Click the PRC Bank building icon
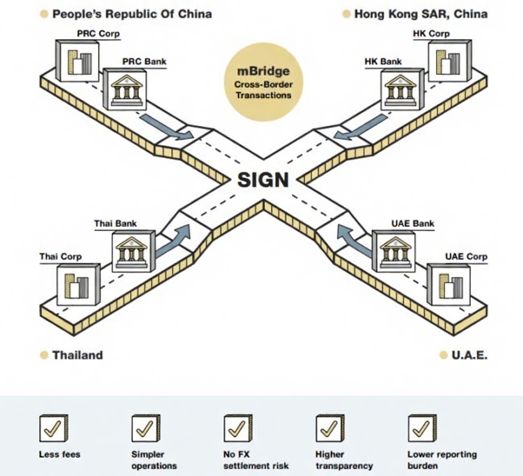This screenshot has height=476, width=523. (x=124, y=89)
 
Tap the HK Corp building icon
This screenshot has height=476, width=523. (x=450, y=61)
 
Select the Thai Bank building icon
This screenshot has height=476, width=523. (x=133, y=251)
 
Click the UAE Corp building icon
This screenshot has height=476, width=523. (x=448, y=285)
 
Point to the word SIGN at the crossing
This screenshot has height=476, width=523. (x=263, y=180)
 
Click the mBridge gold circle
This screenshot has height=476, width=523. (x=263, y=88)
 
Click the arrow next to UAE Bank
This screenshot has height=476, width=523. (x=355, y=239)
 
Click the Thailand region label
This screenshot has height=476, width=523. (x=78, y=355)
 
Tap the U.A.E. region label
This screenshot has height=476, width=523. (x=469, y=355)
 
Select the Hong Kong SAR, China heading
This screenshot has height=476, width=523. (x=421, y=14)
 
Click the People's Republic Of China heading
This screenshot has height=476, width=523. (x=132, y=14)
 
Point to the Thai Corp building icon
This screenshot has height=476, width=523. (x=78, y=284)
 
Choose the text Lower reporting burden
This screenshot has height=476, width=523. (x=442, y=460)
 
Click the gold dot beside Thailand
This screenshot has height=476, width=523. (x=44, y=355)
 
